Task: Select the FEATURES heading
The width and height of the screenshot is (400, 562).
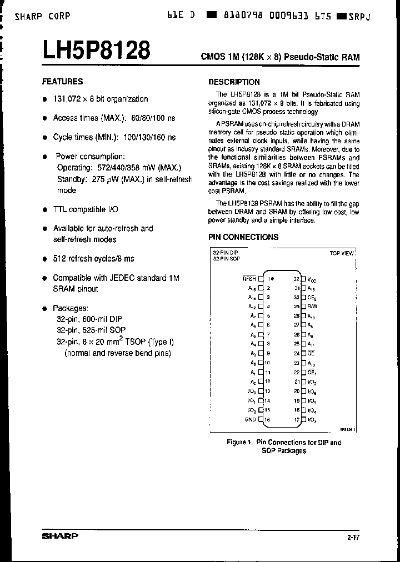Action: [x=62, y=81]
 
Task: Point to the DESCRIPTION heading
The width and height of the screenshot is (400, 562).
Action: [x=234, y=82]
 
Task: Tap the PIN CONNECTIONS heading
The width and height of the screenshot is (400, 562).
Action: [x=243, y=237]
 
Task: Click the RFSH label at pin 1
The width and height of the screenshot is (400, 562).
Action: [x=249, y=279]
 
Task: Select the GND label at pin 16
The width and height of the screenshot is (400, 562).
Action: [x=251, y=419]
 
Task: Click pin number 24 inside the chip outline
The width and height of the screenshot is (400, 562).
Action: [x=297, y=353]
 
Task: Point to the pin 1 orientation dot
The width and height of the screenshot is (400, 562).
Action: [x=272, y=279]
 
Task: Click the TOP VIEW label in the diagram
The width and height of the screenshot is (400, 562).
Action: [x=342, y=253]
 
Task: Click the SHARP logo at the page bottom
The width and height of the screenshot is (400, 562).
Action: [x=60, y=536]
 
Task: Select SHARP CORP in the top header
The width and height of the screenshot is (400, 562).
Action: [x=43, y=16]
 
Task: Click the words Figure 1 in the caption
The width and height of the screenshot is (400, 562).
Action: [x=239, y=442]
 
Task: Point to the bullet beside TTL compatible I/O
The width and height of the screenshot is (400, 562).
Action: [x=44, y=210]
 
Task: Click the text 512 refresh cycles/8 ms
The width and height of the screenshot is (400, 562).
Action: [x=93, y=258]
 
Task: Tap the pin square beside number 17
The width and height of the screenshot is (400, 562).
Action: [x=303, y=419]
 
